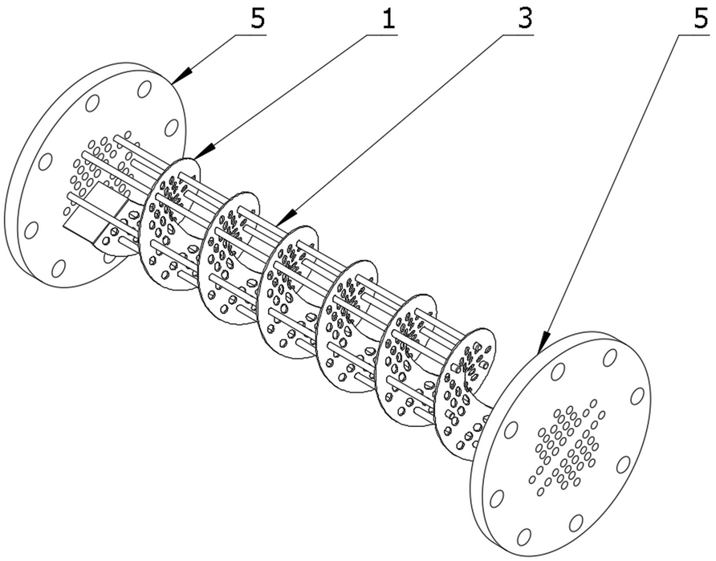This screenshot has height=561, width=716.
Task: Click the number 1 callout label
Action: click(389, 19)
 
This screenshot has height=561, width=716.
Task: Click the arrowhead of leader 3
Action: click(276, 222)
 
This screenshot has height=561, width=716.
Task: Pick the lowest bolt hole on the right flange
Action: click(524, 535)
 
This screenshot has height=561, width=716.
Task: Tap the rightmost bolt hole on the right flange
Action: click(637, 396)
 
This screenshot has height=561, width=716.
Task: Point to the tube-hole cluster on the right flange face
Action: click(566, 445)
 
